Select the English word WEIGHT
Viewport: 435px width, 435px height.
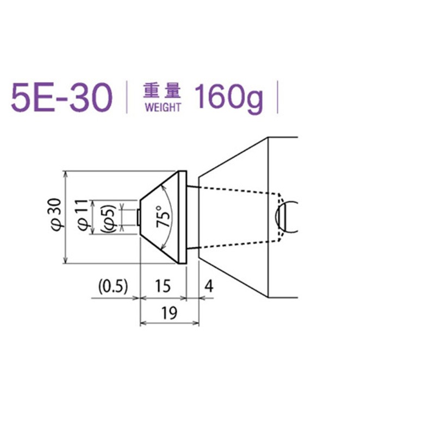point(162,107)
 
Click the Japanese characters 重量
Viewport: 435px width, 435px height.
point(162,89)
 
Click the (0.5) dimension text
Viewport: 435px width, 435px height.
point(113,285)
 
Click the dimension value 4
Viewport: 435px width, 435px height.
point(209,285)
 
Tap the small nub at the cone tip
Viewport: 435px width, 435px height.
point(139,217)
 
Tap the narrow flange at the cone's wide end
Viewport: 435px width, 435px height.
point(183,217)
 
